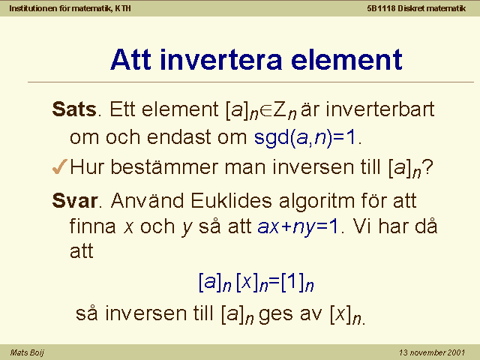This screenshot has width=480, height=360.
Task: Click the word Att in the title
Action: tap(130, 59)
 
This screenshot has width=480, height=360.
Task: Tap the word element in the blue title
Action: tap(346, 59)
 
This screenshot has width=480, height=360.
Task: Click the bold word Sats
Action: tap(74, 109)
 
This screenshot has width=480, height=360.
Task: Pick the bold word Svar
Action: tap(75, 201)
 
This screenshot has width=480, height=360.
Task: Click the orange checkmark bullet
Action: tap(60, 166)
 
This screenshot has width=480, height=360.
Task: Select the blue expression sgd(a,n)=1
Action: tap(305, 137)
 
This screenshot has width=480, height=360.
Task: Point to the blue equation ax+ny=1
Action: tap(298, 227)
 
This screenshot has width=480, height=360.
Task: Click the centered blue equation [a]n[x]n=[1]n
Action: tap(256, 282)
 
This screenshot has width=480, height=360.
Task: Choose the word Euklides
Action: tap(231, 201)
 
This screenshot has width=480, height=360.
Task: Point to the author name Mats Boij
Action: tap(27, 352)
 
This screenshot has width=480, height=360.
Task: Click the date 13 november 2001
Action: tap(432, 352)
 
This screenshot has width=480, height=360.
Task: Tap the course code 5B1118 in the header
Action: tap(381, 8)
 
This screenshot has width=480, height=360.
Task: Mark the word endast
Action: tap(178, 136)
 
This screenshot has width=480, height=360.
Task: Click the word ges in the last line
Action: tap(275, 315)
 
